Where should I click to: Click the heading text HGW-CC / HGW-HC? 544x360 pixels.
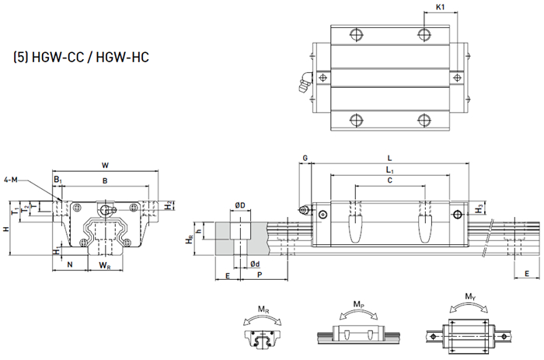[90, 57]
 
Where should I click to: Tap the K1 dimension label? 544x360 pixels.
[440, 7]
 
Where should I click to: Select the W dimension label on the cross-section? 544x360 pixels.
[105, 166]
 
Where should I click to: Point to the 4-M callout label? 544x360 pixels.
[10, 180]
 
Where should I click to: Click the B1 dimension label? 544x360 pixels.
[58, 180]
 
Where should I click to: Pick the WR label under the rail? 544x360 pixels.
[105, 266]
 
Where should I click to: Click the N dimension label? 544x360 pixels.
[70, 264]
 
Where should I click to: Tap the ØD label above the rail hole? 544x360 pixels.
[239, 205]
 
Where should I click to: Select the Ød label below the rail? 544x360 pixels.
[255, 264]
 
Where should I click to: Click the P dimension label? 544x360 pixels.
[260, 274]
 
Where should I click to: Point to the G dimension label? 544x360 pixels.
[305, 159]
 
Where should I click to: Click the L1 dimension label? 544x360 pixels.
[390, 170]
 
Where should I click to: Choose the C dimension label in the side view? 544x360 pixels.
[389, 180]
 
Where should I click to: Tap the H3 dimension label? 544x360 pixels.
[479, 209]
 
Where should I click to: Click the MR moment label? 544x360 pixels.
[263, 309]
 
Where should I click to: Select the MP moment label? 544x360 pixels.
[359, 305]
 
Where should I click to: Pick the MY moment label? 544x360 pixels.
[470, 296]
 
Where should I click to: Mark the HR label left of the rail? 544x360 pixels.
[189, 239]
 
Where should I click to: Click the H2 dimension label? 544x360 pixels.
[168, 205]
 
